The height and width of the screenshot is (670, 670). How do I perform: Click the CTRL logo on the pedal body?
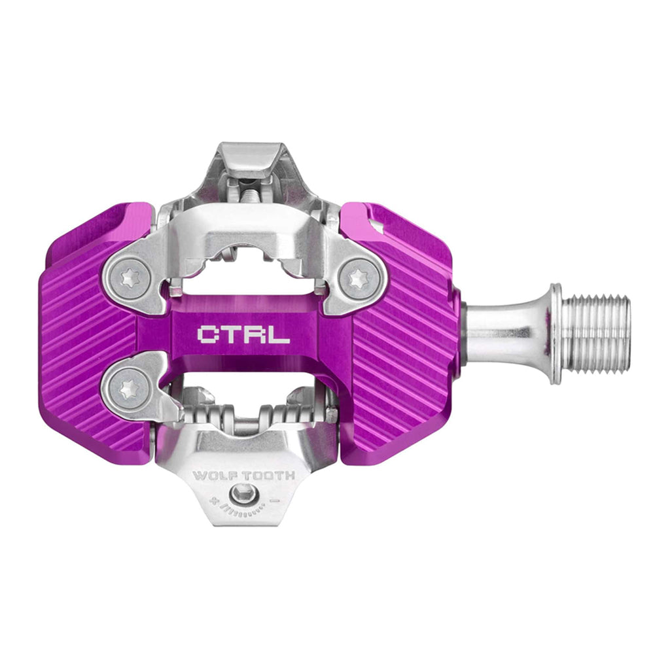[x=243, y=334]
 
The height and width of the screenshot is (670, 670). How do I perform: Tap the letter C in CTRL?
[x=207, y=334]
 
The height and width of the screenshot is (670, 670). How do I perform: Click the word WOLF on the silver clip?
[x=211, y=476]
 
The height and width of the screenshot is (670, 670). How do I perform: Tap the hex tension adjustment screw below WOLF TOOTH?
[x=242, y=495]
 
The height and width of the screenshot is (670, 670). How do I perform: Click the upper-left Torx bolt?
[x=129, y=279]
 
